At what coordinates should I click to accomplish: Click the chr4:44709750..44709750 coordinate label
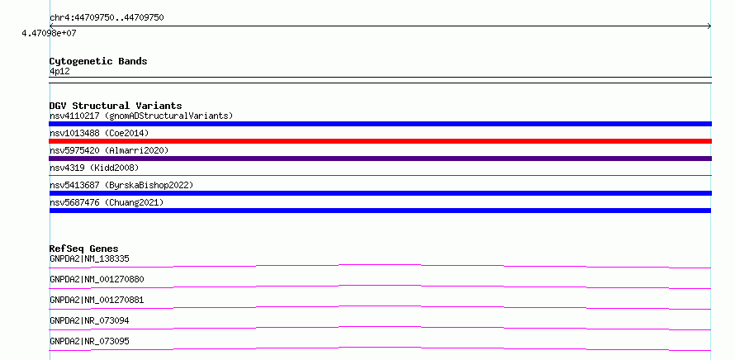pyautogui.click(x=107, y=18)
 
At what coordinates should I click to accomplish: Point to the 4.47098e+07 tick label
pyautogui.click(x=50, y=33)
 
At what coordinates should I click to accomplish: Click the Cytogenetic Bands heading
pyautogui.click(x=98, y=61)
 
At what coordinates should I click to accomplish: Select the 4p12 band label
pyautogui.click(x=60, y=71)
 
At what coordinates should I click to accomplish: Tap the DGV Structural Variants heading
pyautogui.click(x=116, y=106)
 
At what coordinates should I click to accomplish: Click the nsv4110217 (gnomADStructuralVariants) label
pyautogui.click(x=141, y=116)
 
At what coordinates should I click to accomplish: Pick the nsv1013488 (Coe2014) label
pyautogui.click(x=99, y=133)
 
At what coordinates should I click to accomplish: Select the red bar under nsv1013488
pyautogui.click(x=380, y=141)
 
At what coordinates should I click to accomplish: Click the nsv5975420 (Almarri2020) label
pyautogui.click(x=109, y=150)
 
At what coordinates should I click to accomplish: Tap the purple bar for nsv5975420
pyautogui.click(x=380, y=159)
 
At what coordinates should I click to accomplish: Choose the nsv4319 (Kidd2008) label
pyautogui.click(x=94, y=168)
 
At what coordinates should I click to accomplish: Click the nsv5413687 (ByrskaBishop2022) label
pyautogui.click(x=121, y=185)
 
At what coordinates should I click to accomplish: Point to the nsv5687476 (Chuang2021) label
pyautogui.click(x=107, y=202)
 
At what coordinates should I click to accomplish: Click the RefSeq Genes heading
pyautogui.click(x=84, y=249)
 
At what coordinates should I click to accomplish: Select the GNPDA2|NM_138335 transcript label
pyautogui.click(x=89, y=258)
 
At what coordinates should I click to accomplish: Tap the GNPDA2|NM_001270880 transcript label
pyautogui.click(x=97, y=279)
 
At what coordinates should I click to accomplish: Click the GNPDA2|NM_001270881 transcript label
pyautogui.click(x=97, y=300)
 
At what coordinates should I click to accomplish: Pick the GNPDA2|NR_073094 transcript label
pyautogui.click(x=89, y=320)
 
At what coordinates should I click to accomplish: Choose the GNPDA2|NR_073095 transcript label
pyautogui.click(x=89, y=341)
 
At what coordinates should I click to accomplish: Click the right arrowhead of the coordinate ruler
pyautogui.click(x=709, y=26)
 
